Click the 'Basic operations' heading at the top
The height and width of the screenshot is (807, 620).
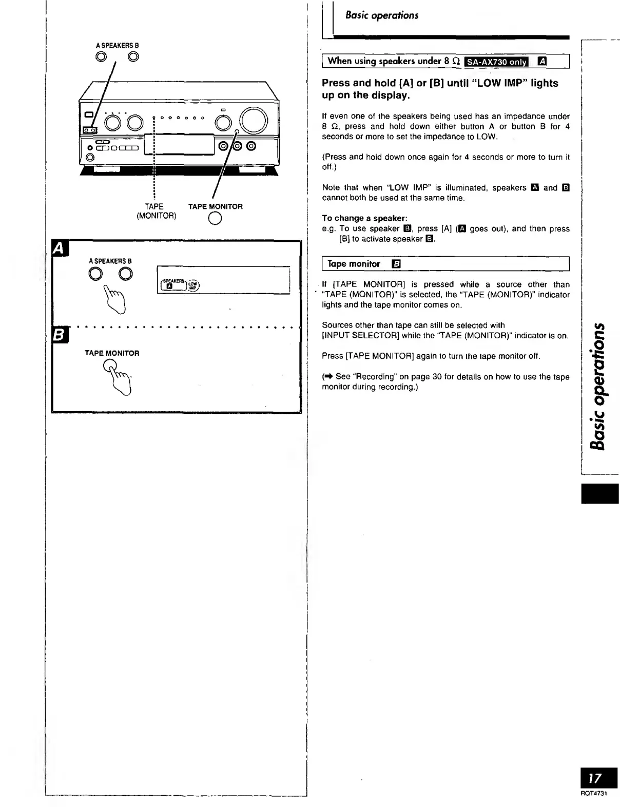click(x=382, y=15)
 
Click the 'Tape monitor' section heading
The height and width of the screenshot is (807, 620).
click(x=354, y=264)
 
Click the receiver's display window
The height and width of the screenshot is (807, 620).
click(x=184, y=144)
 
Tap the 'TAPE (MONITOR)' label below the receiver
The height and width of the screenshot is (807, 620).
click(x=156, y=211)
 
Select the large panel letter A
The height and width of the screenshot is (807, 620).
click(x=59, y=248)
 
